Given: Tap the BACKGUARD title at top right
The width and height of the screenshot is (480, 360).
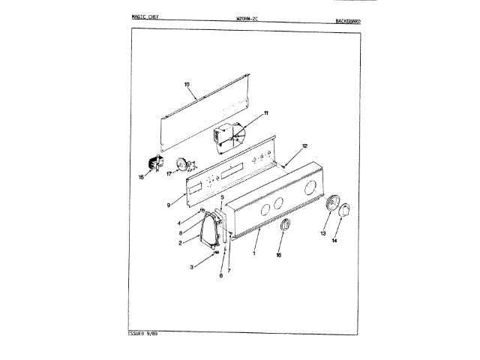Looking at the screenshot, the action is coord(346,21).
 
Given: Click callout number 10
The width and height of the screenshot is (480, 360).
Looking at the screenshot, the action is coord(187,85).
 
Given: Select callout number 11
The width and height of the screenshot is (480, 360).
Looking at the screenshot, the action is coord(265,113).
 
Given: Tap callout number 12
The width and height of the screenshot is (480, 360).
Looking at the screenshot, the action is coord(304,145).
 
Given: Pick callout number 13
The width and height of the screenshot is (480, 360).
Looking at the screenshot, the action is coord(324,234).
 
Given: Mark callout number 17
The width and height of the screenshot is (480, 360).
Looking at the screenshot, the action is coord(169,173).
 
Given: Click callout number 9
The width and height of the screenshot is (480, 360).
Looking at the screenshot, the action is coord(169,204).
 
